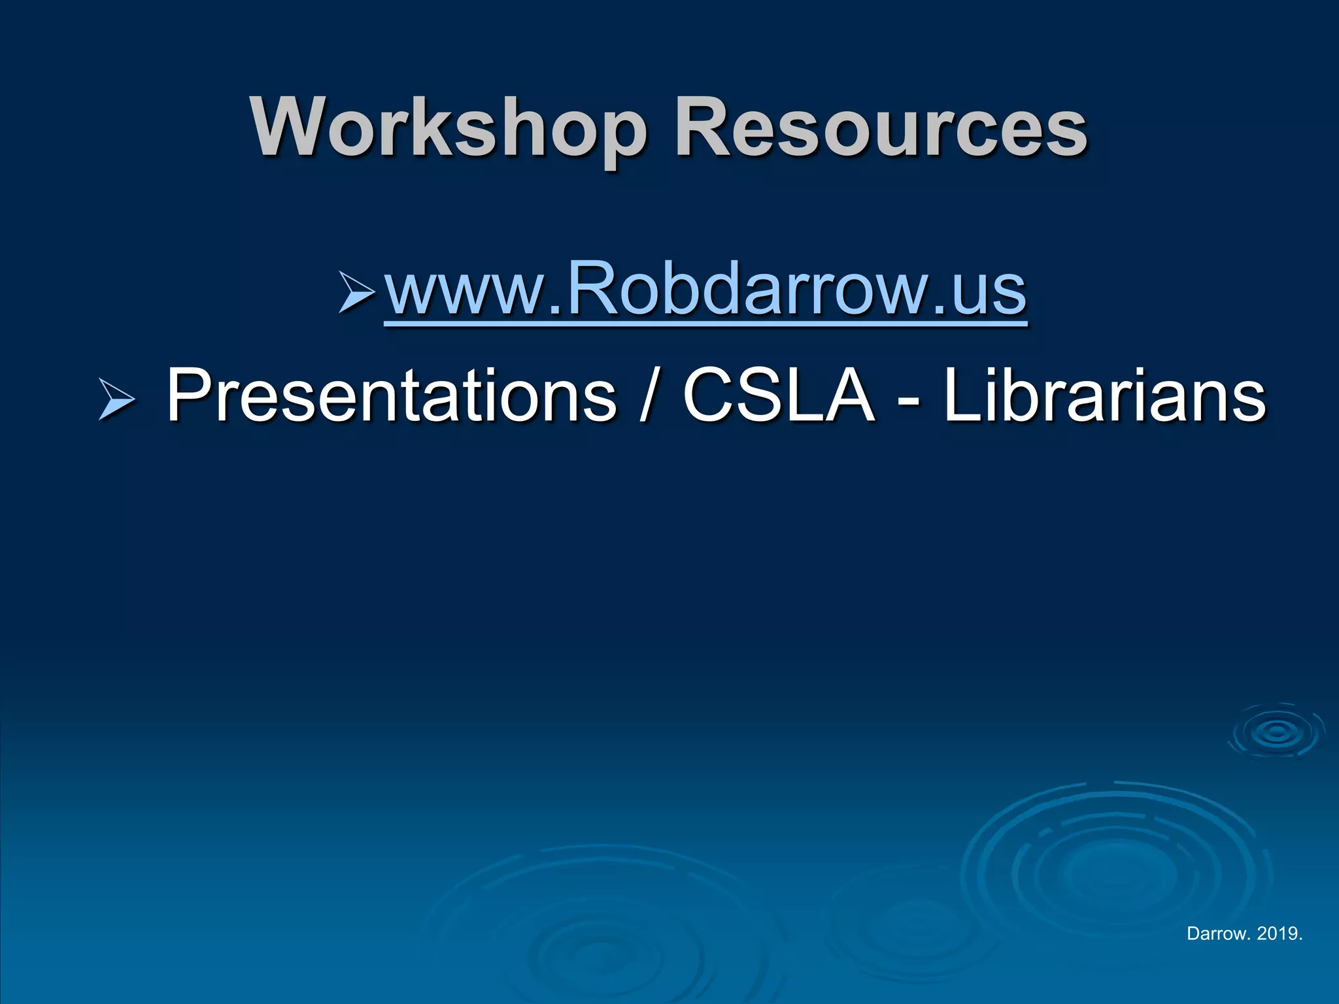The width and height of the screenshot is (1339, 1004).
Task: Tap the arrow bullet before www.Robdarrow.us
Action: pyautogui.click(x=356, y=292)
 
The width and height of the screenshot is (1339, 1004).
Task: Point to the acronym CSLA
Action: pyautogui.click(x=778, y=396)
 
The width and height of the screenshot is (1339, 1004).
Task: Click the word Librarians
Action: pyautogui.click(x=1104, y=396)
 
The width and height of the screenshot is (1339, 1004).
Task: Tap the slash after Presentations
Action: pyautogui.click(x=648, y=396)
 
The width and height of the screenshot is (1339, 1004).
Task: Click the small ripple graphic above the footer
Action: pyautogui.click(x=1276, y=732)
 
